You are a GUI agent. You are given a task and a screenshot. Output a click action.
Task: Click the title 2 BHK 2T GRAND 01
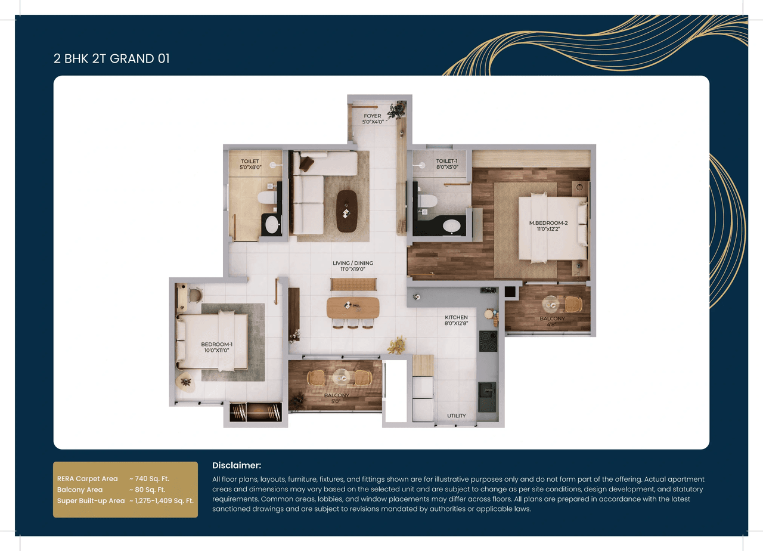pos(111,58)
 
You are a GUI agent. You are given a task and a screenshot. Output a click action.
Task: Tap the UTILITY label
pos(457,416)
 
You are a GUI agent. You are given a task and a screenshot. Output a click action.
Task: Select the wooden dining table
pos(353,307)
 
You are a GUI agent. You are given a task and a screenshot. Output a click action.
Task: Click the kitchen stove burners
pos(488,341)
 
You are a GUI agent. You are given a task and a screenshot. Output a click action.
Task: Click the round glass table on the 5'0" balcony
pos(341,377)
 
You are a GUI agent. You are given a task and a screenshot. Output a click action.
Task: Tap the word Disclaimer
pos(237,465)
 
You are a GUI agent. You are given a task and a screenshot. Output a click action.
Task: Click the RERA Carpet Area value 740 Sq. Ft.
pos(150,478)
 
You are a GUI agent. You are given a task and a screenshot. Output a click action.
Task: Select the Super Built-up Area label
pos(91,501)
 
